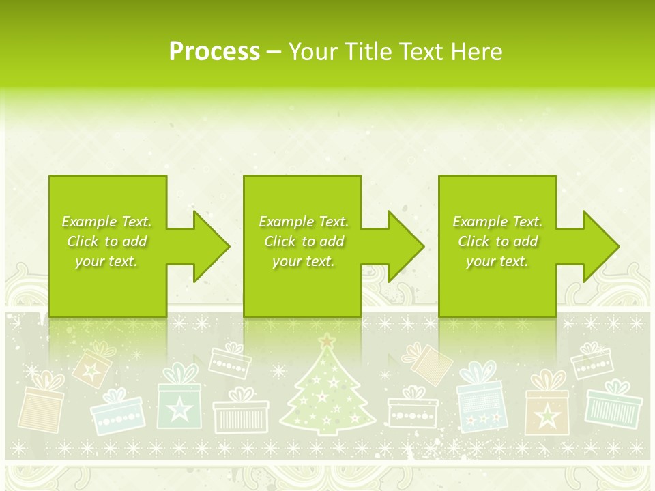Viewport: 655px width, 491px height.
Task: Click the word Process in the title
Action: [214, 52]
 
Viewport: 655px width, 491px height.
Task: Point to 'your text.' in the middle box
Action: [303, 261]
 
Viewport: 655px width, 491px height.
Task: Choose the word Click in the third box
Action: [474, 241]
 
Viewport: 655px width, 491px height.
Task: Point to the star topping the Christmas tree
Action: [328, 339]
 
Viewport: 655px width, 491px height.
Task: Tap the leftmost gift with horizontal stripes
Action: [40, 410]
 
